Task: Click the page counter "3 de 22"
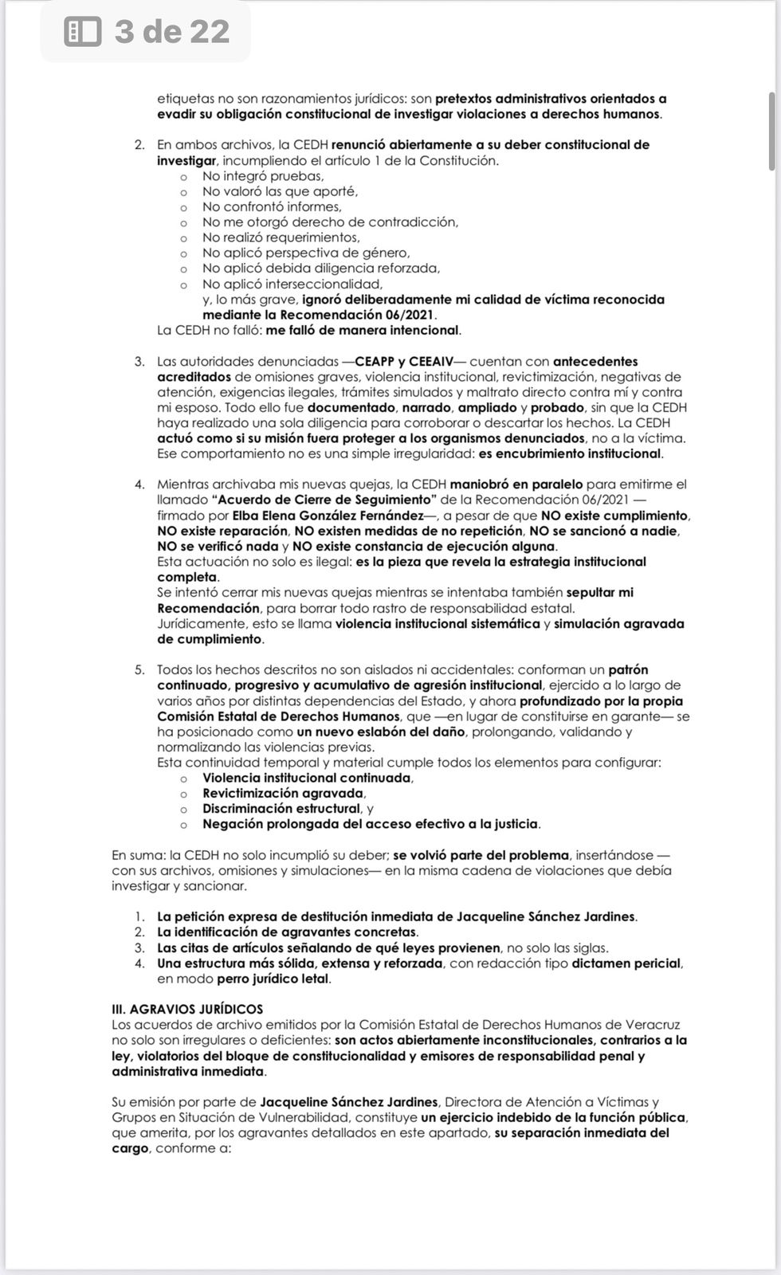coord(171,32)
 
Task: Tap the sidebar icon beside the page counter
coord(83,32)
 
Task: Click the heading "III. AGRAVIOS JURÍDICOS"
coord(187,1009)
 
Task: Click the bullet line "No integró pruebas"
coord(251,176)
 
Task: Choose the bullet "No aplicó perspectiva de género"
coord(306,253)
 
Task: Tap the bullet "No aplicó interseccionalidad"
coord(292,284)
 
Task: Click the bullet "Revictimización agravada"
coord(283,794)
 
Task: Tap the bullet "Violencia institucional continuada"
coord(307,778)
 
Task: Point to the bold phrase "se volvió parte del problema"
coord(481,855)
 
